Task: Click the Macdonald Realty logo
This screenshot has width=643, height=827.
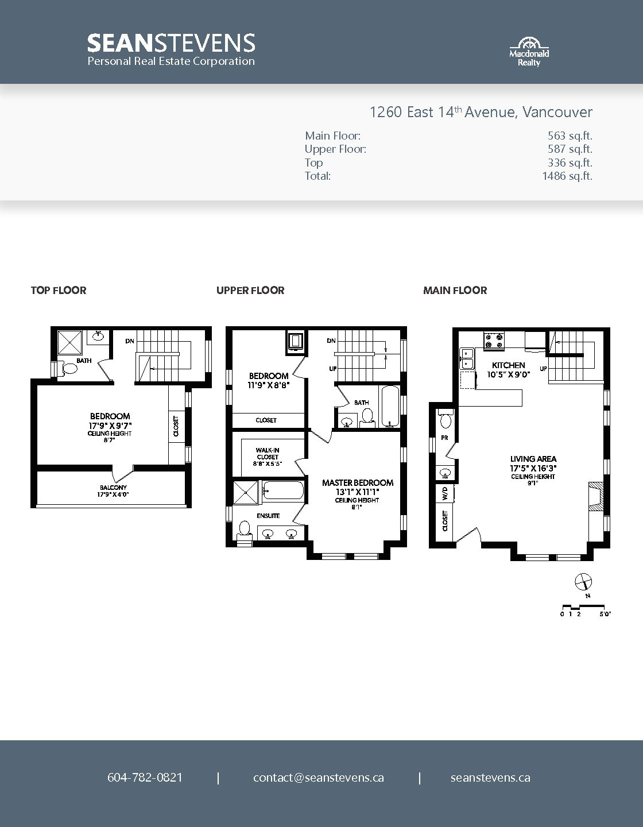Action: pos(529,52)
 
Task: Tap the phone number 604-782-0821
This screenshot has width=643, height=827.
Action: pos(145,778)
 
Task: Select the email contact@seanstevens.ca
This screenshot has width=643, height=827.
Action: pos(319,778)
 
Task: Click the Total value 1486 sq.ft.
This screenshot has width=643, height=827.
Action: pos(567,176)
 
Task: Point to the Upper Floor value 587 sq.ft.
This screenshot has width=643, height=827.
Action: pos(570,149)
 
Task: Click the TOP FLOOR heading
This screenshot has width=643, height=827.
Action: pos(59,291)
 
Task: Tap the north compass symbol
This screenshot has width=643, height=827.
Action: pos(583,582)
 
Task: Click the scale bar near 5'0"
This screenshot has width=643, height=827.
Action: pos(583,605)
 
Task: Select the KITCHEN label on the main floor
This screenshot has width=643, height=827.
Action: pos(508,365)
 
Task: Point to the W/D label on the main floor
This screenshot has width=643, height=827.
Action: pos(445,493)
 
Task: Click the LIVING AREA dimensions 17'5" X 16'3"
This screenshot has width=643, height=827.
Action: pos(533,469)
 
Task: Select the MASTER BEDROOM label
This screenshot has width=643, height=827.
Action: pos(358,482)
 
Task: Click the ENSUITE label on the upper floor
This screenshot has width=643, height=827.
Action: pos(268,516)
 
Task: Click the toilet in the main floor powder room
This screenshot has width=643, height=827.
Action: pos(446,419)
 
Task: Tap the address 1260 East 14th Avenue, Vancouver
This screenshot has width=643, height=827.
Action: pos(481,112)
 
